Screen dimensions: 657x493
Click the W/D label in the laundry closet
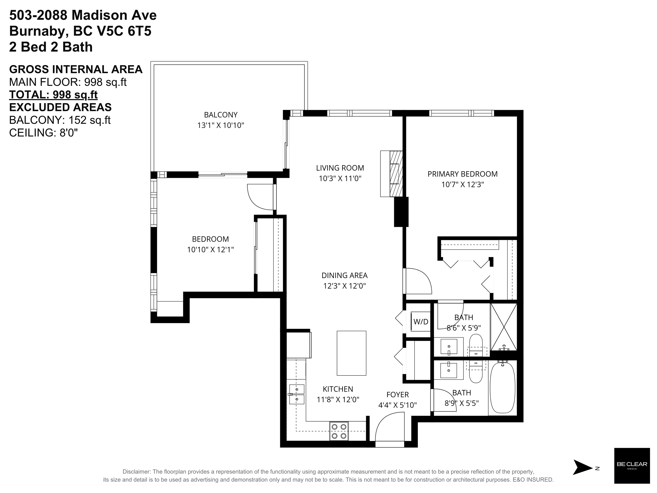421,322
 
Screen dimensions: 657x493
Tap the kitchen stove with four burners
339,431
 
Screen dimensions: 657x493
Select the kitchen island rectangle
351,353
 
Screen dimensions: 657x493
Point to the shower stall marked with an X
504,327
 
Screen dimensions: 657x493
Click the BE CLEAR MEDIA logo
632,465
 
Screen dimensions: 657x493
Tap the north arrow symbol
582,468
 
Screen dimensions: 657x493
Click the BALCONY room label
221,115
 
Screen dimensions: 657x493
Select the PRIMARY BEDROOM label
463,174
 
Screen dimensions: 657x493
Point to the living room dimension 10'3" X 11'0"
340,178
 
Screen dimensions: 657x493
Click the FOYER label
398,395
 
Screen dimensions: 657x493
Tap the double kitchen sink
297,394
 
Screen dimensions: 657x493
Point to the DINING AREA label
344,275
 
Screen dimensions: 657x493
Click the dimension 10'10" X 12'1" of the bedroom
210,250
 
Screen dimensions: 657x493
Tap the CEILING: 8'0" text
44,132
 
